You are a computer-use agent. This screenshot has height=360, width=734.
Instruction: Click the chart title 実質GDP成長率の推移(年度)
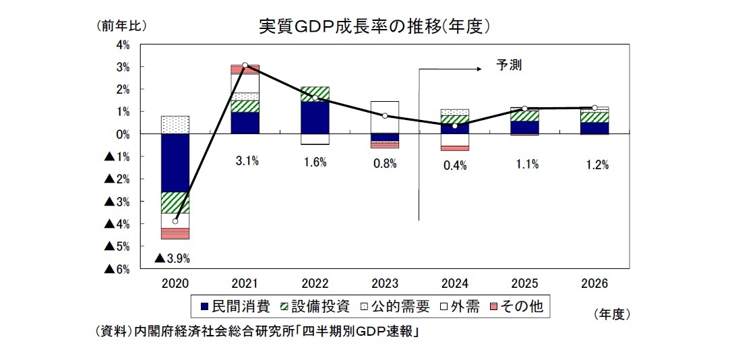373,26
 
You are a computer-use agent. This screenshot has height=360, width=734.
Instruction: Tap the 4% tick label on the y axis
123,44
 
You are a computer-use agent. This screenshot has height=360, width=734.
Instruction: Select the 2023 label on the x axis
385,284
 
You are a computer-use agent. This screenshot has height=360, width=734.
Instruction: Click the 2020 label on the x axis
175,284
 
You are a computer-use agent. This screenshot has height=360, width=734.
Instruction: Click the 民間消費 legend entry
235,307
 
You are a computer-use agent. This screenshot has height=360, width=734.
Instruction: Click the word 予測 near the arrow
509,65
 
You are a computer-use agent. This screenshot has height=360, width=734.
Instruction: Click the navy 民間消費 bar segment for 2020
175,162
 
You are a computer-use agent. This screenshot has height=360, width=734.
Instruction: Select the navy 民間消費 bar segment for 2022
315,117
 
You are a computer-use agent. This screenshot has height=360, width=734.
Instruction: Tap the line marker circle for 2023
385,116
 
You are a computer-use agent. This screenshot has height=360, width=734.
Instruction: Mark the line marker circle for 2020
175,221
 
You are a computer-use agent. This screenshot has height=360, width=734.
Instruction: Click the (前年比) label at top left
121,26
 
